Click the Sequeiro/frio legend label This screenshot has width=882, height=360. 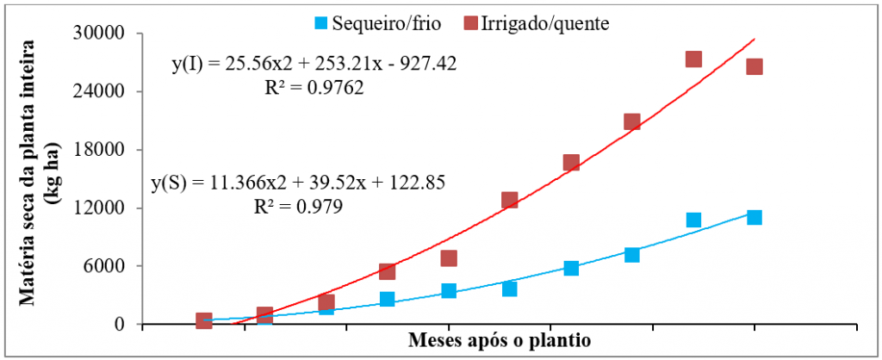coord(392,23)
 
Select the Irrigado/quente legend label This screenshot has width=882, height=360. coord(547,23)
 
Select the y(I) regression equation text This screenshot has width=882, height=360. coord(314,64)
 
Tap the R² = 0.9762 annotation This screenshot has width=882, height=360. coord(313,87)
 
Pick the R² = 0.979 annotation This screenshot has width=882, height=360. coord(298,207)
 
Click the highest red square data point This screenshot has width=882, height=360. coord(693,59)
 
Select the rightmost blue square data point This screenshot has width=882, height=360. coord(755,217)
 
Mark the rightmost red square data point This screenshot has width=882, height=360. coord(755,66)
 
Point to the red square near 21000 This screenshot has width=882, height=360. coord(632,121)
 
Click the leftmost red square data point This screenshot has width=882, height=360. coord(204,320)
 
